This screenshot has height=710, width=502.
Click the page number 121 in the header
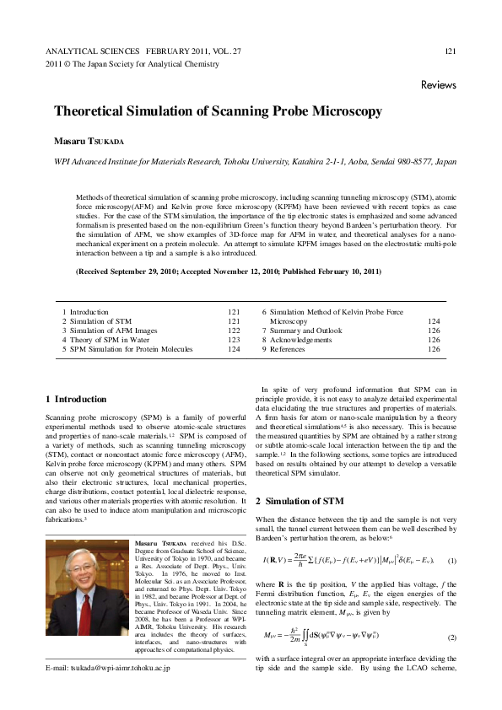coord(450,52)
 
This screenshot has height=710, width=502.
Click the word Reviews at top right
coord(438,85)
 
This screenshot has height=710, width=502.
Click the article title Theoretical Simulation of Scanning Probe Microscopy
coord(218,111)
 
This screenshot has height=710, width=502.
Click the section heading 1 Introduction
coord(75,398)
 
